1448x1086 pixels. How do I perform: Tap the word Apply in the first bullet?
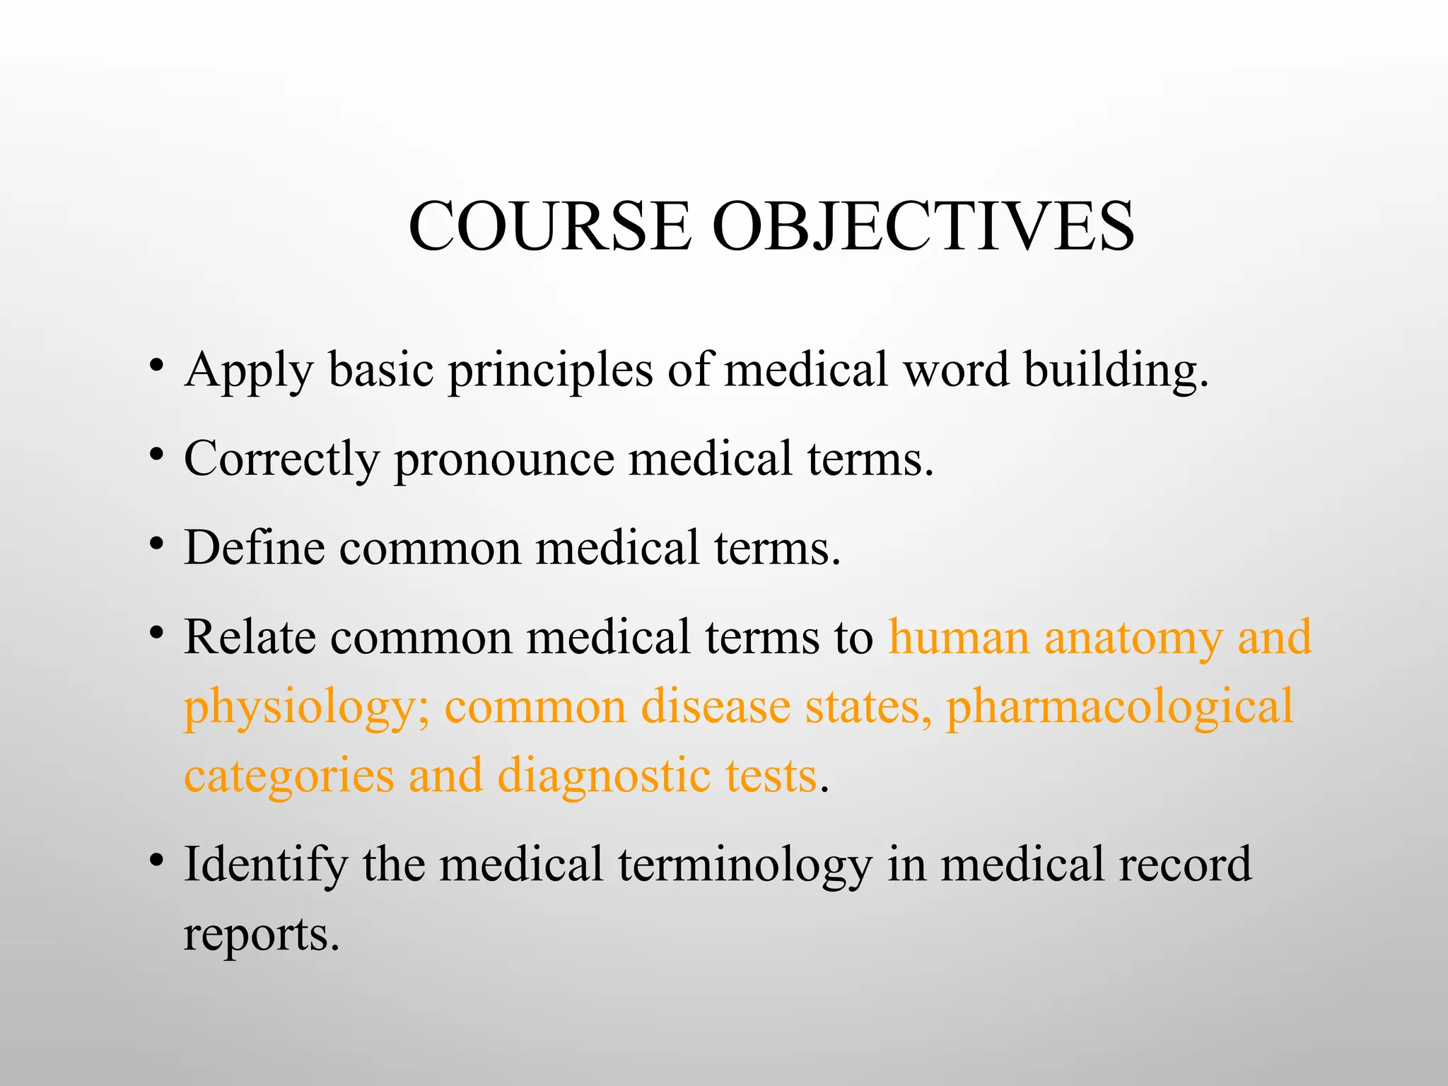(248, 370)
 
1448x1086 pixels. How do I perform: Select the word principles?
(550, 370)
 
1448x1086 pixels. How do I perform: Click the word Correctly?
(281, 460)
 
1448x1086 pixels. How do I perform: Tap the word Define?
(255, 548)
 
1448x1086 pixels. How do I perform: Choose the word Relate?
(250, 637)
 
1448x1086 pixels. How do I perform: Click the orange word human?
(959, 637)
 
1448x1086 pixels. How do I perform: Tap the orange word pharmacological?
(1120, 707)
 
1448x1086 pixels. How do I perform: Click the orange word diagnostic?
(603, 776)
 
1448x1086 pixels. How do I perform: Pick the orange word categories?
(288, 776)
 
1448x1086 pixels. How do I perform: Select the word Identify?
(266, 865)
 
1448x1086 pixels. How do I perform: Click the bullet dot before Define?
(157, 545)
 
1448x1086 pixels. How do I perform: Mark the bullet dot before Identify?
(157, 861)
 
